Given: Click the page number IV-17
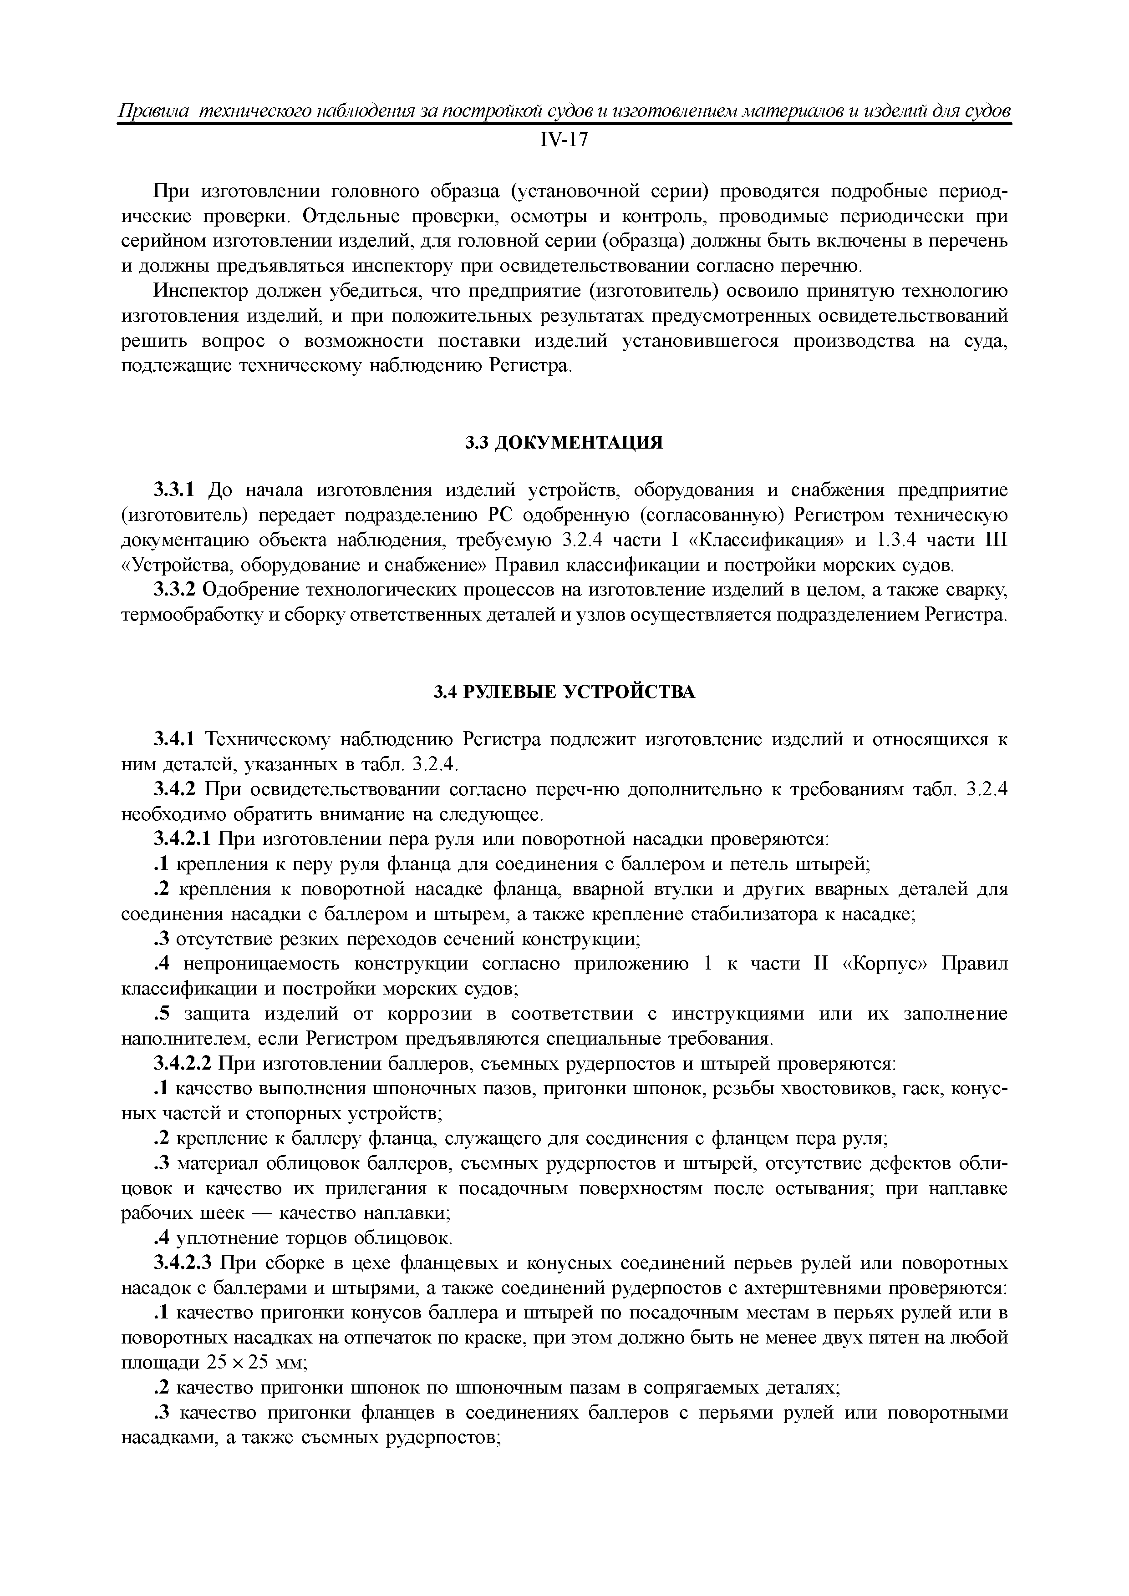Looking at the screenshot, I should (564, 141).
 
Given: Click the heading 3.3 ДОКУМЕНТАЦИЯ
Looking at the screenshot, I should (564, 443).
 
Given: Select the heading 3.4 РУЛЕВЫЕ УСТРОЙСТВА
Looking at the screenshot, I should (564, 692).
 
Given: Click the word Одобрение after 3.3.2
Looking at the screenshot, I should (252, 590).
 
